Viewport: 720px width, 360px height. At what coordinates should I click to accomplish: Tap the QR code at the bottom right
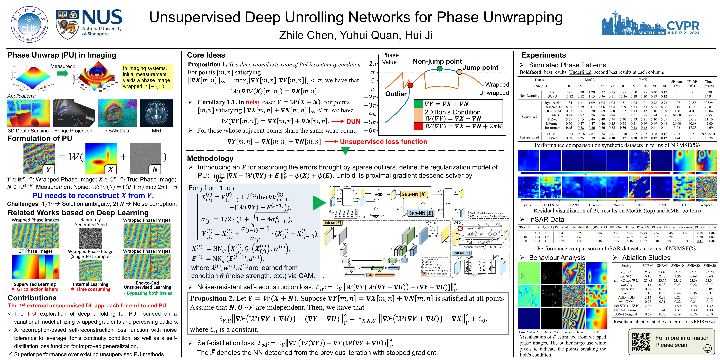click(x=641, y=342)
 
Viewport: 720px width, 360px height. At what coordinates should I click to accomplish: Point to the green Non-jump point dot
click(x=439, y=68)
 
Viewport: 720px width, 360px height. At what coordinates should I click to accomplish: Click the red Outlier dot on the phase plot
click(x=410, y=85)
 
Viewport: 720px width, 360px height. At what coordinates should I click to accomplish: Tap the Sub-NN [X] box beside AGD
click(x=414, y=194)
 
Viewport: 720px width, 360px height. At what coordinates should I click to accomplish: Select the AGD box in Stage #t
click(x=378, y=194)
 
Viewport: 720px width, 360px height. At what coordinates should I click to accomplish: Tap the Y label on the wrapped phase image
click(x=48, y=169)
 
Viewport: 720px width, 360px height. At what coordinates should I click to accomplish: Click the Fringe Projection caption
click(x=73, y=131)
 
